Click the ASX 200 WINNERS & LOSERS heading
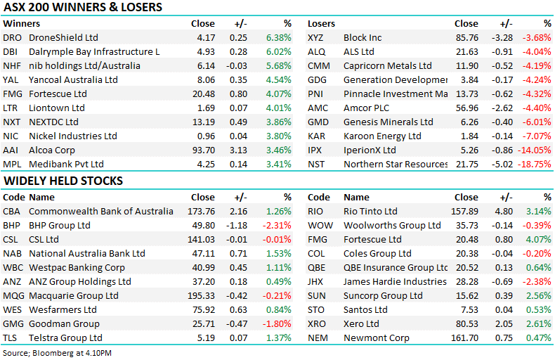point(83,8)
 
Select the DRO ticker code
point(12,37)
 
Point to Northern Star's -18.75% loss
point(535,164)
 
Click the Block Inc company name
point(363,37)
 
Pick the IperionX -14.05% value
point(535,150)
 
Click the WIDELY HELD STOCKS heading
point(63,181)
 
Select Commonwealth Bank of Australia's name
point(100,211)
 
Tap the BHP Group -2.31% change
point(277,225)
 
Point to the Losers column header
point(321,23)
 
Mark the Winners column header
point(22,23)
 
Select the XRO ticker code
point(318,323)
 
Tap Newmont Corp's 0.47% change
point(540,337)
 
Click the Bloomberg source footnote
point(58,352)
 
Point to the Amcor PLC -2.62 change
point(500,108)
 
